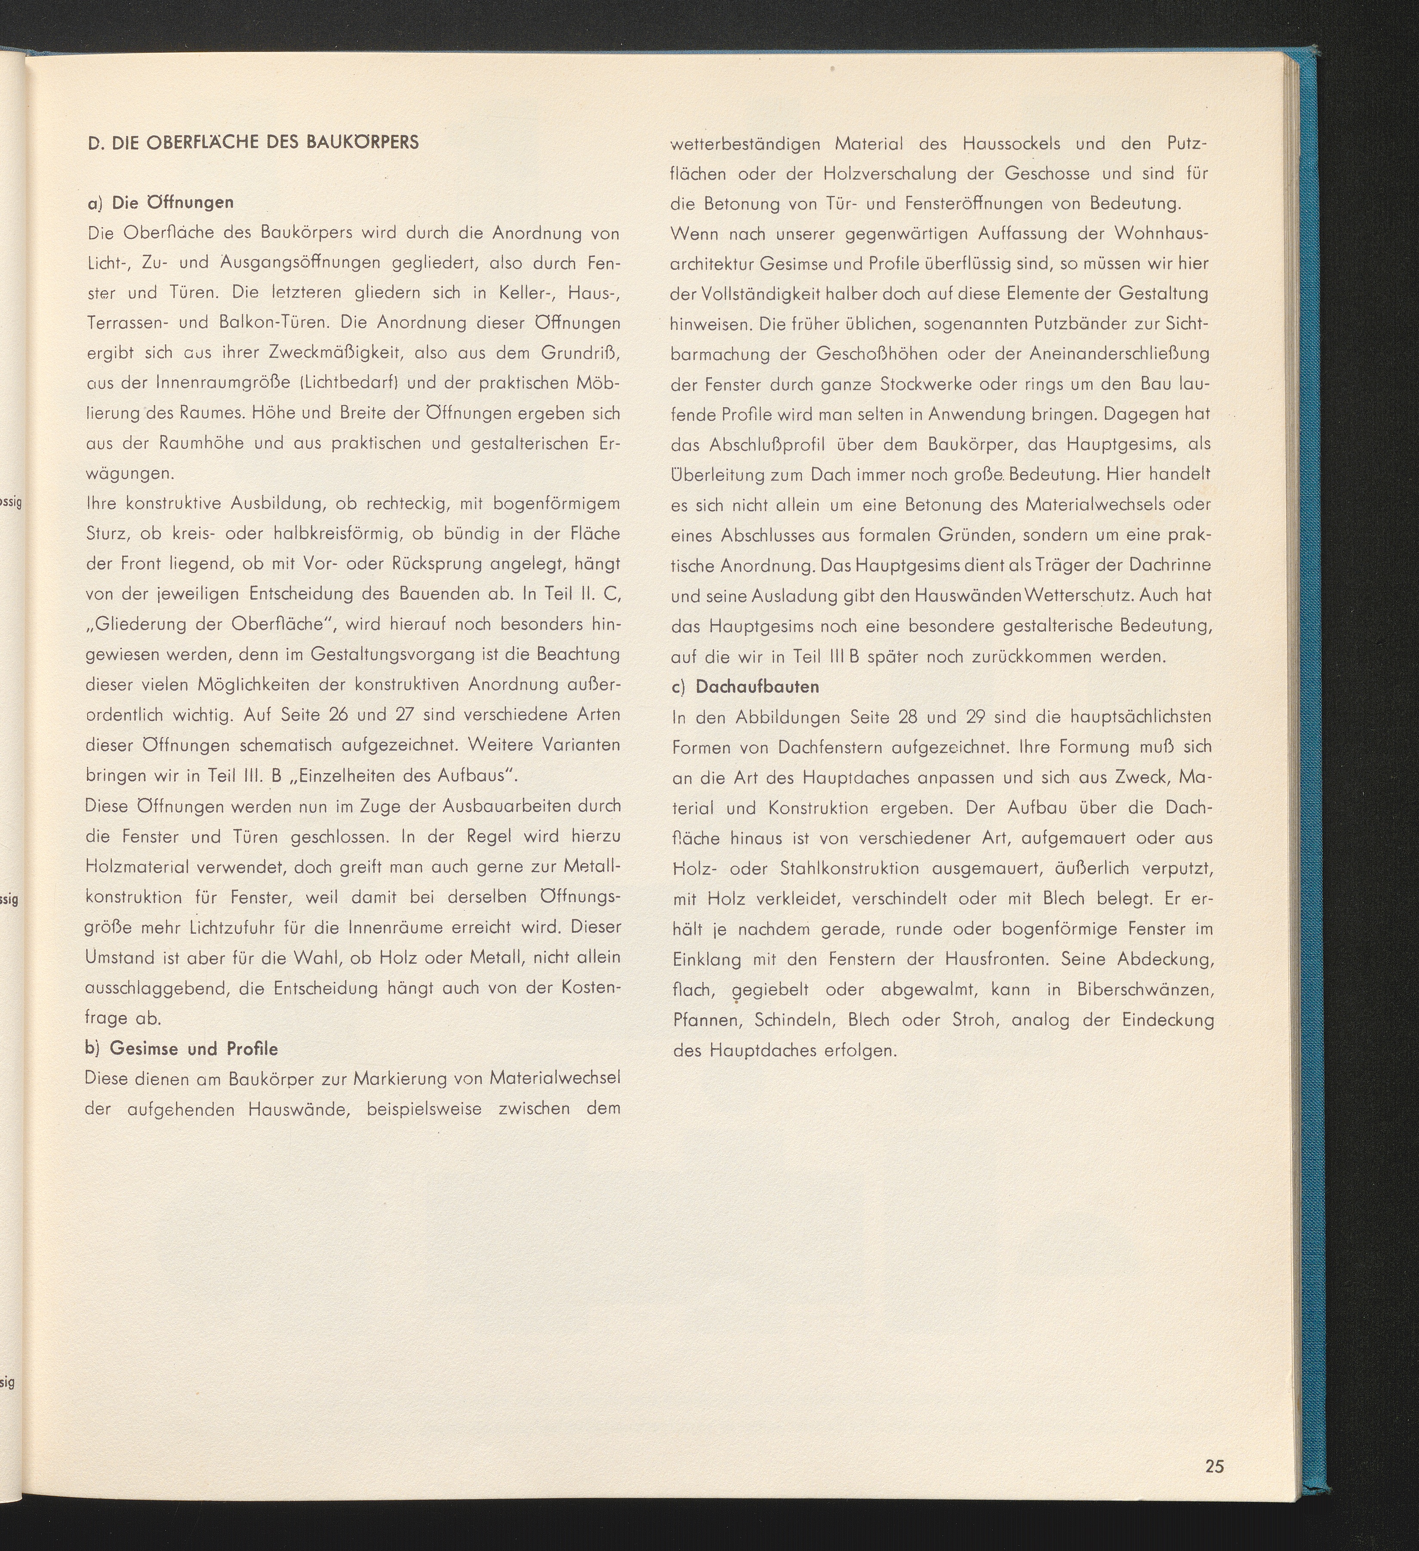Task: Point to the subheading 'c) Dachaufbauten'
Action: click(746, 686)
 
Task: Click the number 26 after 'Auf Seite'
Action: click(338, 715)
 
